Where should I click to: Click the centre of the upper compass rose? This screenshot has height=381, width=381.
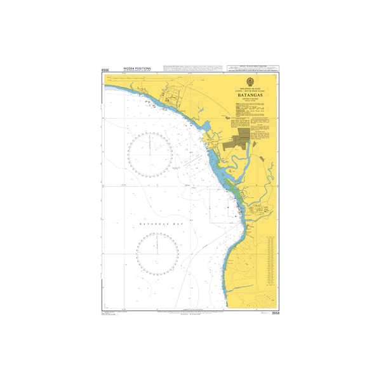151,151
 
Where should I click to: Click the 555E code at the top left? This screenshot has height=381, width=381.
105,69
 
